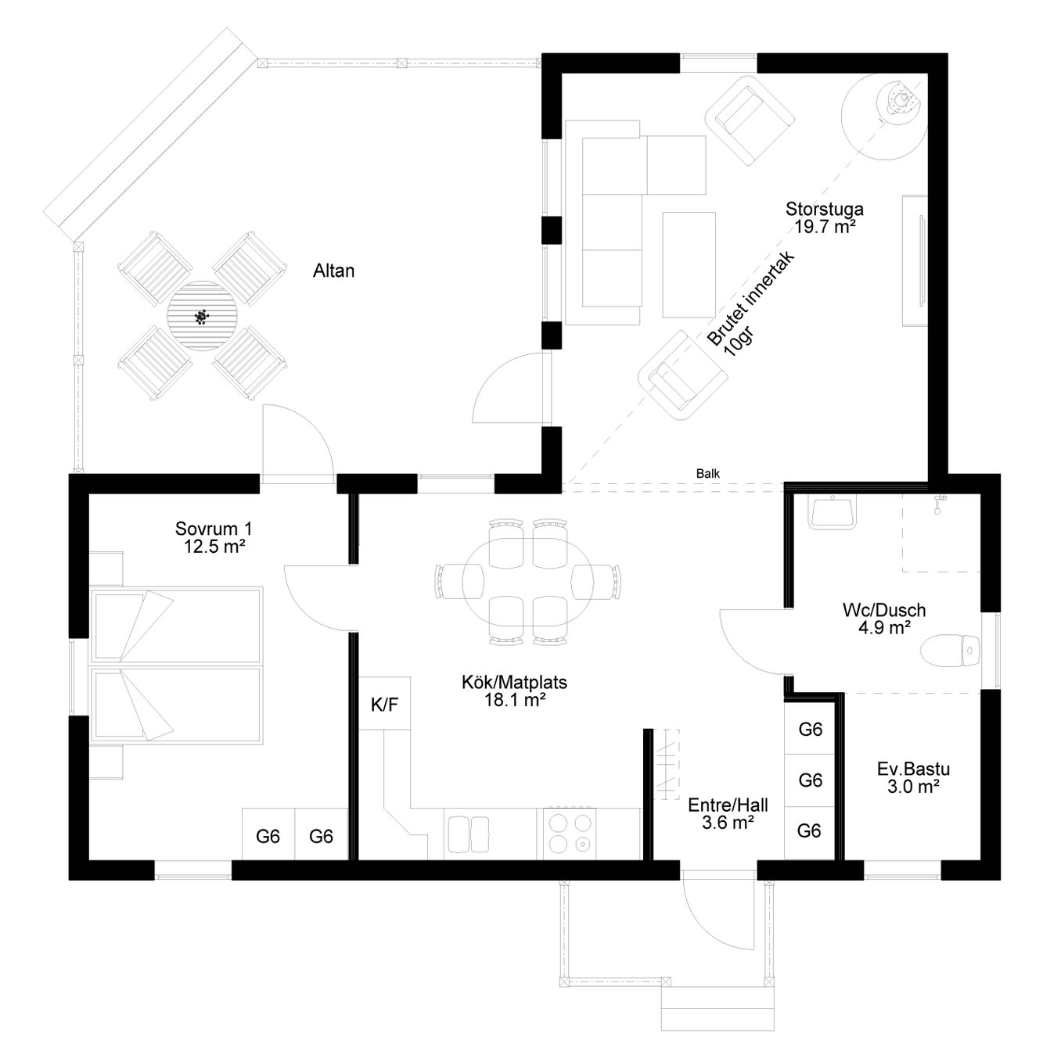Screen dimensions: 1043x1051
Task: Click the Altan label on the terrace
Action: click(333, 271)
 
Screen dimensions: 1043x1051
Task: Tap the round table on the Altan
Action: click(202, 316)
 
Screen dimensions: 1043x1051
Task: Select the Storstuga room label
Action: click(824, 209)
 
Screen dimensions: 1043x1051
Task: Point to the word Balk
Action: click(707, 473)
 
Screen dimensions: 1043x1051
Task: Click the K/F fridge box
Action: click(384, 704)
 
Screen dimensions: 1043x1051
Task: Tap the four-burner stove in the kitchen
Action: click(570, 834)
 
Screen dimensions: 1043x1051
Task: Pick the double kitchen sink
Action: click(468, 834)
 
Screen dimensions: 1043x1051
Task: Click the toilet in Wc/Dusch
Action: click(950, 651)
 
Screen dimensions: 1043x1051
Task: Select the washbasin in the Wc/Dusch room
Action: click(833, 511)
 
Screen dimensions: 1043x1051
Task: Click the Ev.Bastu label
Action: click(913, 769)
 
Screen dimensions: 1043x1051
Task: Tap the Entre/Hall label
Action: click(728, 805)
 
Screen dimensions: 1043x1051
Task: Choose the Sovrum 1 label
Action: click(214, 528)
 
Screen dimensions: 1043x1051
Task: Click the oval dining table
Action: click(528, 583)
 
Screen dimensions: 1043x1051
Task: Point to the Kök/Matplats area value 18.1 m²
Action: click(515, 700)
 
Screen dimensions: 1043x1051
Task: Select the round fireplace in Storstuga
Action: click(883, 117)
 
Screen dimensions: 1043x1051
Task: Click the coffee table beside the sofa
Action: click(689, 265)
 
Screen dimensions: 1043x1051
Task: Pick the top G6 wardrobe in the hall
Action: click(810, 730)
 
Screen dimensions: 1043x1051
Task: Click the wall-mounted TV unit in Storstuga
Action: click(915, 260)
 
